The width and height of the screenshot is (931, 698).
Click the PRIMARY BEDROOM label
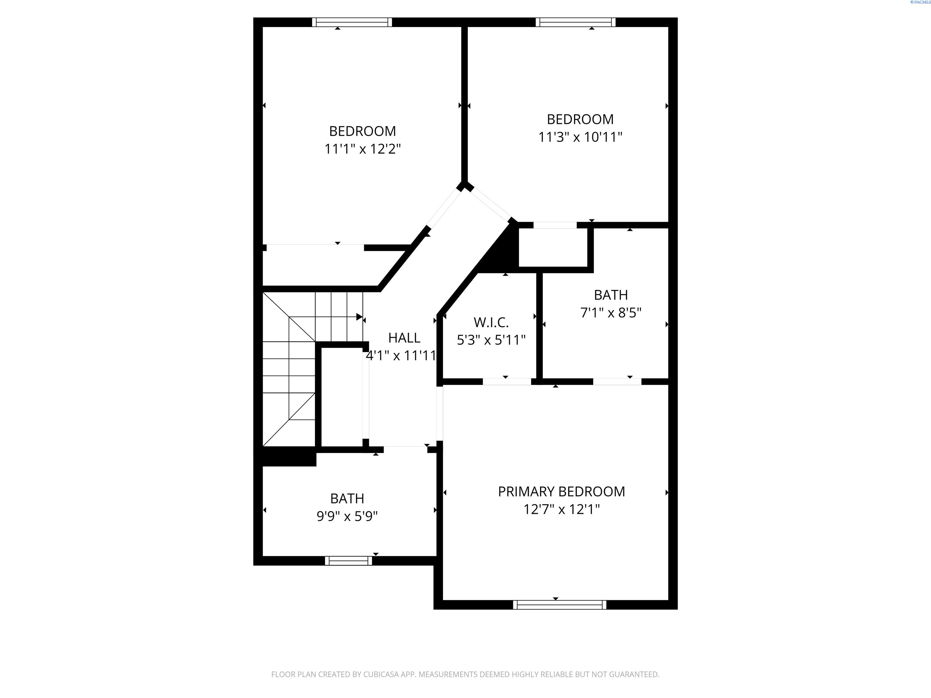pyautogui.click(x=562, y=491)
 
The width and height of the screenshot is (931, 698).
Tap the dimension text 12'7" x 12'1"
pyautogui.click(x=562, y=510)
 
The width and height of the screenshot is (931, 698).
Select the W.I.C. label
pyautogui.click(x=491, y=322)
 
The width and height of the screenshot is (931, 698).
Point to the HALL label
pyautogui.click(x=404, y=338)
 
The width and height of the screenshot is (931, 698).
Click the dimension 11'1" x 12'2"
pyautogui.click(x=362, y=149)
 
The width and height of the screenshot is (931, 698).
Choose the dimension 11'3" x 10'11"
pyautogui.click(x=580, y=137)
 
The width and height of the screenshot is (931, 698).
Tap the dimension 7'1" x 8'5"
pyautogui.click(x=611, y=313)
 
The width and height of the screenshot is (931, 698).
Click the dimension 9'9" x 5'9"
pyautogui.click(x=347, y=516)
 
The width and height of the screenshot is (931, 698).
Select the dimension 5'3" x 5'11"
pyautogui.click(x=491, y=340)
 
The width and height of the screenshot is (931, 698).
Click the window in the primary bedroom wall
pyautogui.click(x=560, y=605)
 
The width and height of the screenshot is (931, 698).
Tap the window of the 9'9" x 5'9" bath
pyautogui.click(x=349, y=560)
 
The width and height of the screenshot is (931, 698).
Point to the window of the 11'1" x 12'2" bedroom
pyautogui.click(x=352, y=22)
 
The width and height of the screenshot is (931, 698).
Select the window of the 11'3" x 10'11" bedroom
pyautogui.click(x=575, y=22)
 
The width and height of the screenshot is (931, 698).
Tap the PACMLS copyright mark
pyautogui.click(x=920, y=2)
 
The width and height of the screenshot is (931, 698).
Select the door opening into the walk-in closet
pyautogui.click(x=507, y=382)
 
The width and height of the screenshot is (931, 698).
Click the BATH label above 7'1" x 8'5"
pyautogui.click(x=611, y=295)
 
